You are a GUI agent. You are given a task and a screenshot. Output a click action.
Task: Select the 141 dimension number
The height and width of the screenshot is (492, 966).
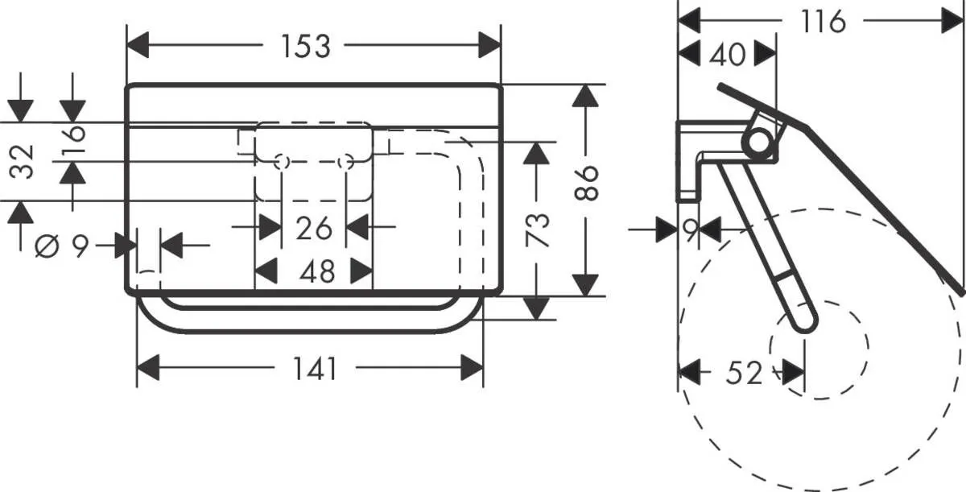[x=314, y=370]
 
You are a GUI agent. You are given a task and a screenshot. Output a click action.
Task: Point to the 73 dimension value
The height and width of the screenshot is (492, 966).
[x=538, y=229]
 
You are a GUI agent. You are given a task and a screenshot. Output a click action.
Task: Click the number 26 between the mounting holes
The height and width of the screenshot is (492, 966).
[x=314, y=228]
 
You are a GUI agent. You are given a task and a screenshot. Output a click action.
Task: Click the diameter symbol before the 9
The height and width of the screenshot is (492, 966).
[x=47, y=246]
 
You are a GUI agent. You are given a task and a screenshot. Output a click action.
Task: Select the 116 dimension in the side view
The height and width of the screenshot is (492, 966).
[x=823, y=22]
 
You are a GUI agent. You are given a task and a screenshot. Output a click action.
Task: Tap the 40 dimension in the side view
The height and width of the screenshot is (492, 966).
[x=727, y=55]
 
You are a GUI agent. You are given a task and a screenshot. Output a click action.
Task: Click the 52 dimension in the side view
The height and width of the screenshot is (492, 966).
[x=743, y=373]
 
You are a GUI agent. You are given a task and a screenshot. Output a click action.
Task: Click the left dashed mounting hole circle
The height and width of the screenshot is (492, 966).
[x=282, y=163]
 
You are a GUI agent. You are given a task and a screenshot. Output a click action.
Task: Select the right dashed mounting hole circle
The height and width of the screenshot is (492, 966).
[x=346, y=163]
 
